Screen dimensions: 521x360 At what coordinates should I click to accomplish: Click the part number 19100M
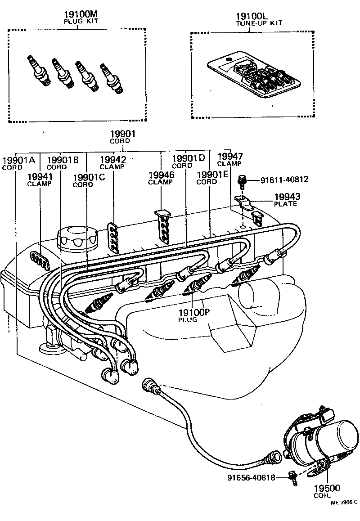point(77,14)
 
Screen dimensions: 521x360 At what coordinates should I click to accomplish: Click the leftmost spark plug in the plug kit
point(37,70)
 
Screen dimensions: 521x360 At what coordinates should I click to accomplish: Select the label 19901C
point(89,177)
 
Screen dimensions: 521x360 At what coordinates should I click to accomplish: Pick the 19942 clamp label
point(112,159)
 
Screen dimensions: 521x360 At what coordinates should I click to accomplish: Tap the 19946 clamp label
point(161,175)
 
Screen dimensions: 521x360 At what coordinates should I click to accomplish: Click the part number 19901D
point(189,158)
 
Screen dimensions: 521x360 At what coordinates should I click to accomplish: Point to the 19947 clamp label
point(229,156)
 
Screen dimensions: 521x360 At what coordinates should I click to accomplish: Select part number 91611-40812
point(284,180)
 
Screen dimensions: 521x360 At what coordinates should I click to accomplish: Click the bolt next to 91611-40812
point(242,181)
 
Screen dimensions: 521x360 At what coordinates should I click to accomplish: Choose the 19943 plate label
point(285,197)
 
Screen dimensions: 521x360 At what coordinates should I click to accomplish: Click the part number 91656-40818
point(251,477)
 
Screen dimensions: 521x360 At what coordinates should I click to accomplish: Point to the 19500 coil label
point(327,488)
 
